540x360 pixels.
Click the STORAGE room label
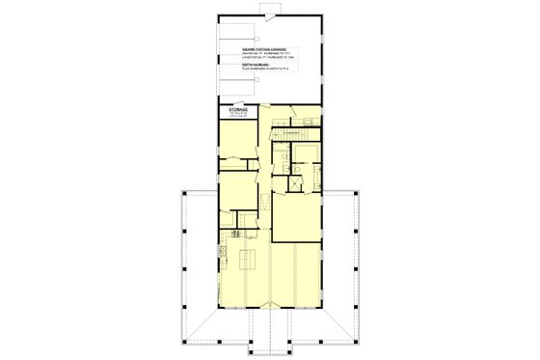point(238,112)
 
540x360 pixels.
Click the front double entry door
point(271,309)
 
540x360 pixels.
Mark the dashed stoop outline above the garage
point(271,9)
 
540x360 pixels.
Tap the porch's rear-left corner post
point(184,192)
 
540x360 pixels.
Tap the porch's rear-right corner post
point(359,192)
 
